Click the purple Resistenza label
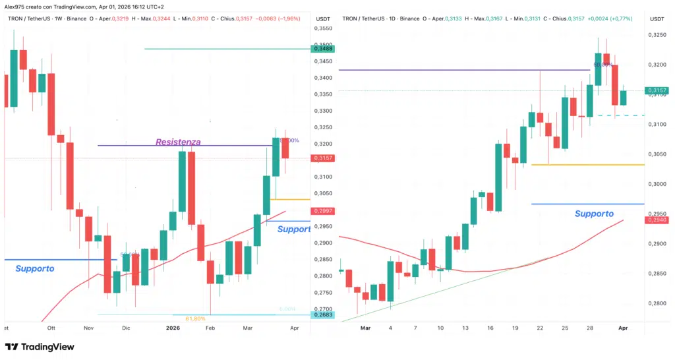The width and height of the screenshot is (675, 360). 178,142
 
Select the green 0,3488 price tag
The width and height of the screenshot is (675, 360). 324,49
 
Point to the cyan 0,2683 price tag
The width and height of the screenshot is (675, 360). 324,315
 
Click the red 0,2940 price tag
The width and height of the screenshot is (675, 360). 659,220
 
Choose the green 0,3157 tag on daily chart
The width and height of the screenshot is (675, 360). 659,90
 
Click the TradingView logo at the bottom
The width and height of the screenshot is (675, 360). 40,347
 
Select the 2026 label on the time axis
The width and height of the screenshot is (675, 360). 173,327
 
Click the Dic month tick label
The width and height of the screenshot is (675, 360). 127,327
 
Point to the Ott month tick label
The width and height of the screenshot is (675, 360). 49,327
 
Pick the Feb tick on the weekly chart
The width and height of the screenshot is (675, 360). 210,327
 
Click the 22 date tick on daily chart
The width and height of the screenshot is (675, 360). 541,327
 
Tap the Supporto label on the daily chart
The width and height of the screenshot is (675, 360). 594,214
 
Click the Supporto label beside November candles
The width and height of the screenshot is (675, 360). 34,268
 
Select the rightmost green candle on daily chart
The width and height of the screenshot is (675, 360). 623,98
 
